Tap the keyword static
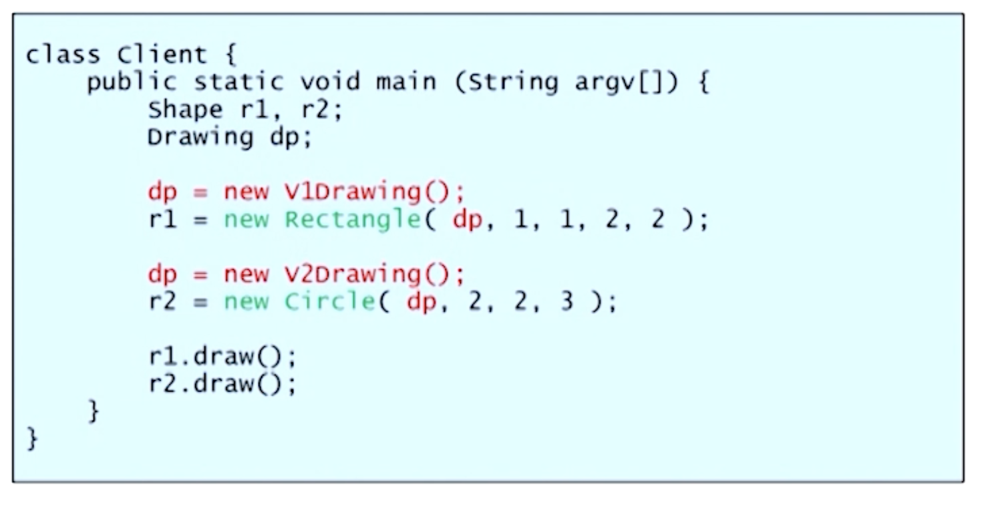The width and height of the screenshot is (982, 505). tap(238, 81)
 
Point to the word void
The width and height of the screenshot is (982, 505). tap(329, 81)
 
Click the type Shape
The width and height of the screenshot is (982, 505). tap(185, 109)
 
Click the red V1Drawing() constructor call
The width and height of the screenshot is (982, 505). tap(374, 192)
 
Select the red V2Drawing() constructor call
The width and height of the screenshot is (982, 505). tap(374, 275)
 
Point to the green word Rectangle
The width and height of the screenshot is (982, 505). tap(352, 220)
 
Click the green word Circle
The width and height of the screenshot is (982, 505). tap(329, 302)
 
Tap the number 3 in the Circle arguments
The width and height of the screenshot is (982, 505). tap(566, 302)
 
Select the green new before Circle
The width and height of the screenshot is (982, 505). tap(246, 302)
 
